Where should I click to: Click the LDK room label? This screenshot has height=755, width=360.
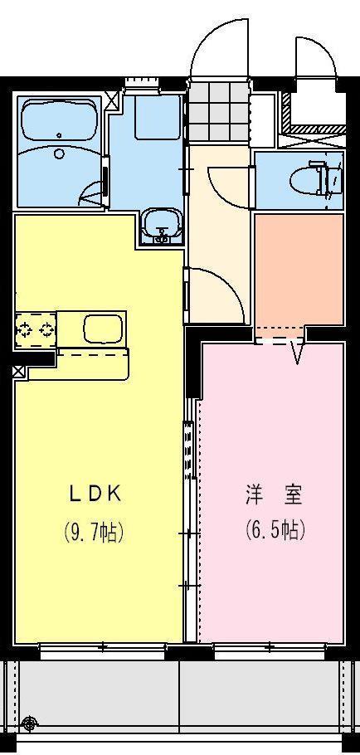coord(95,494)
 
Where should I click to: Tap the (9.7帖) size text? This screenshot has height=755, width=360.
coord(94,532)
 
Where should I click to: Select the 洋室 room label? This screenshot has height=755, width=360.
coord(273,495)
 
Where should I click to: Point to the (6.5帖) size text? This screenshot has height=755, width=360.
coord(274,530)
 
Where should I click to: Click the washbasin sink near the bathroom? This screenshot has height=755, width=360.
coord(161,225)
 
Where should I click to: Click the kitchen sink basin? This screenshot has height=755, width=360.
coord(103,328)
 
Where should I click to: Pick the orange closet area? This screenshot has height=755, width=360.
coord(299,270)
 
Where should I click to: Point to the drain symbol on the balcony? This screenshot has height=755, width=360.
coord(31,723)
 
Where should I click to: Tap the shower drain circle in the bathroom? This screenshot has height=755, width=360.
coord(59,153)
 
